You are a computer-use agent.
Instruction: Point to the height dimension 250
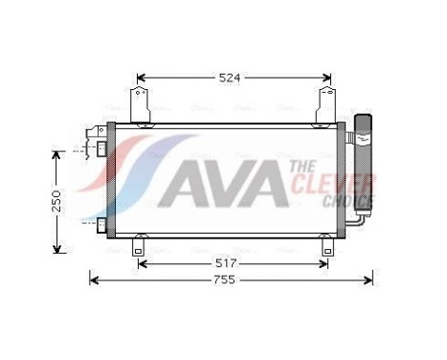pos(57,201)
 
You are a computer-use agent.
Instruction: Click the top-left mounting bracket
pos(140,104)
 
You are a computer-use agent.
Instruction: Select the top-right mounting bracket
pos(327,104)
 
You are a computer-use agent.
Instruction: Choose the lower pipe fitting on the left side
pos(99,225)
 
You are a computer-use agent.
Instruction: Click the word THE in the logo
pos(305,167)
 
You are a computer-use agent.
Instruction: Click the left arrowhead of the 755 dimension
pos(94,279)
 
